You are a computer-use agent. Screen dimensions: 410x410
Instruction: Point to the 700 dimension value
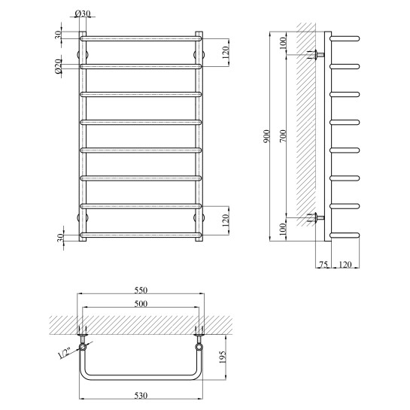point(282,137)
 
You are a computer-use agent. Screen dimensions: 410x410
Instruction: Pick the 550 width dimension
point(141,290)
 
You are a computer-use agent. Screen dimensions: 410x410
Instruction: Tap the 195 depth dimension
point(223,363)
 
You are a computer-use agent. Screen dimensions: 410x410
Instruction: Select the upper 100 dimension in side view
point(282,43)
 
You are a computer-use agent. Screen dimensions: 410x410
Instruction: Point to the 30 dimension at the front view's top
point(58,33)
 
